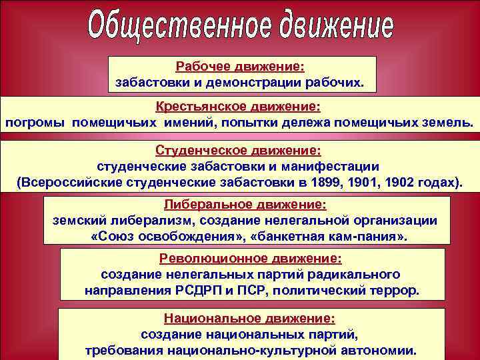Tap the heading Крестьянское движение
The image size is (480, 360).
238,107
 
